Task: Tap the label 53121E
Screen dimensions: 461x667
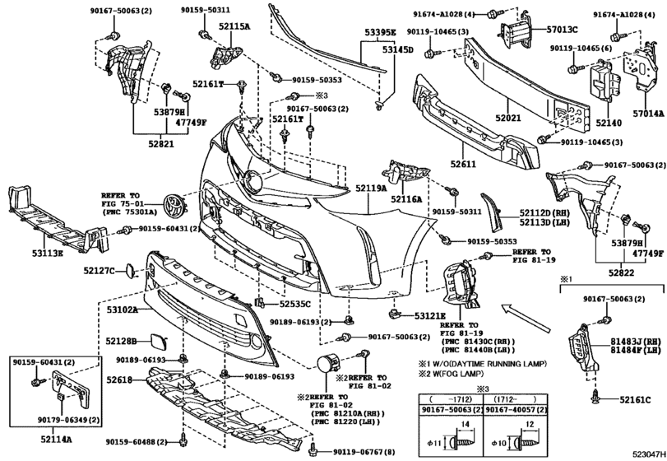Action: tap(429, 315)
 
